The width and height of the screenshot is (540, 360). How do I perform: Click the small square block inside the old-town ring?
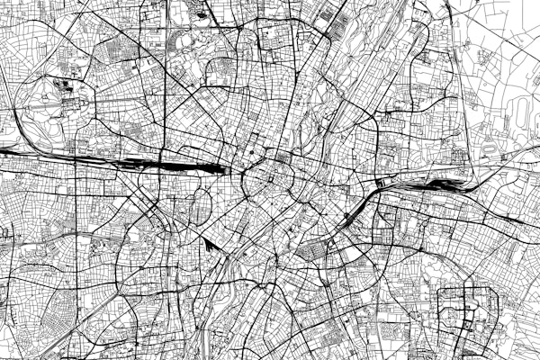click(x=271, y=175)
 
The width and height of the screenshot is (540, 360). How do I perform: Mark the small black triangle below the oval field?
click(x=209, y=244)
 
